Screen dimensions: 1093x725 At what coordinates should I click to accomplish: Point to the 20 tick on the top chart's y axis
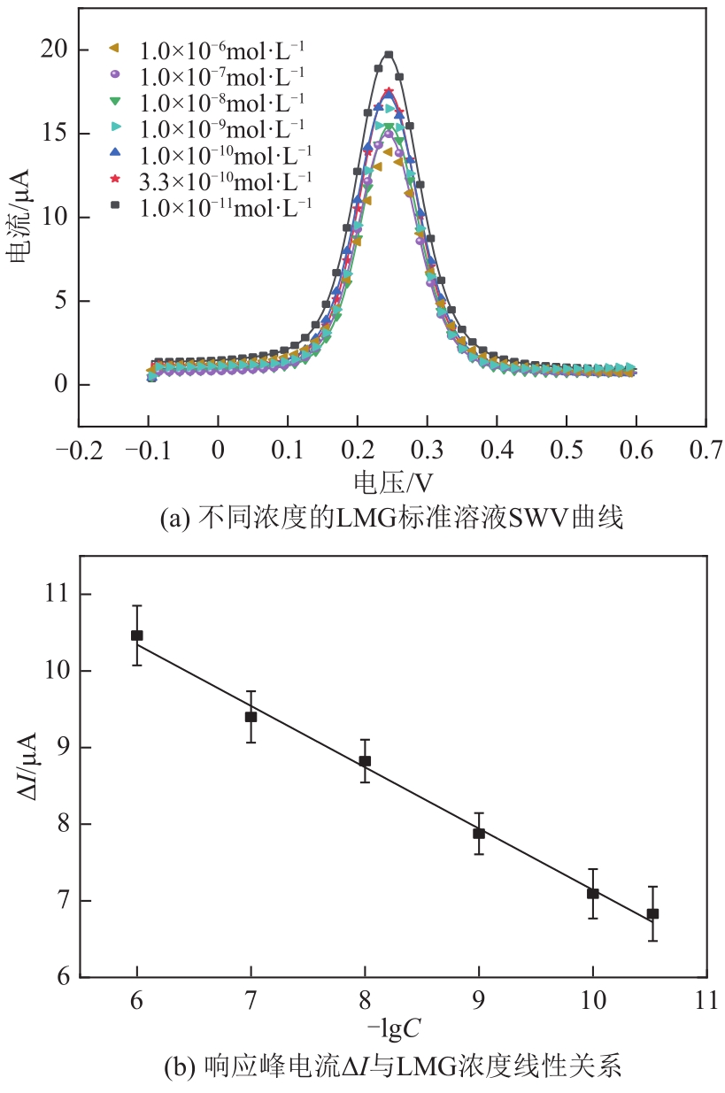pyautogui.click(x=55, y=50)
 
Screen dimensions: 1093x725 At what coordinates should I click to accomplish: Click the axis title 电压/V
pyautogui.click(x=394, y=481)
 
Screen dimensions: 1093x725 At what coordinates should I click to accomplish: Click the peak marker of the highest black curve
pyautogui.click(x=389, y=55)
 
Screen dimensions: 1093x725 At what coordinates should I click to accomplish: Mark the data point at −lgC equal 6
pyautogui.click(x=137, y=635)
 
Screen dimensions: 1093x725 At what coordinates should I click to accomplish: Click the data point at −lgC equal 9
pyautogui.click(x=479, y=833)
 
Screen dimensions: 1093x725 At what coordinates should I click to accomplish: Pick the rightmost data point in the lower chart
pyautogui.click(x=652, y=913)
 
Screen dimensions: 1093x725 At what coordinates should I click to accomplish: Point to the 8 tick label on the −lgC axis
pyautogui.click(x=365, y=1000)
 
